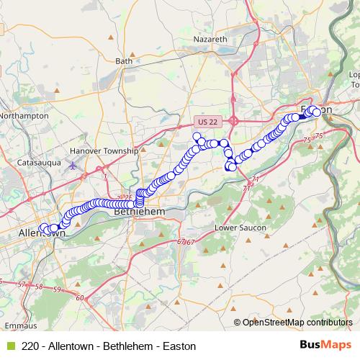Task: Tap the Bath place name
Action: click(125, 61)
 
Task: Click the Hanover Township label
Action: click(104, 151)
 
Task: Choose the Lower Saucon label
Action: click(240, 228)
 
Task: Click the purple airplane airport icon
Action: click(72, 165)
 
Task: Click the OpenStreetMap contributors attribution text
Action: click(297, 323)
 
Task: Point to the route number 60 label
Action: click(79, 297)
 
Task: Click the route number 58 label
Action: click(38, 287)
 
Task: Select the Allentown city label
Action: click(42, 234)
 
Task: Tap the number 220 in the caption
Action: click(31, 346)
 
